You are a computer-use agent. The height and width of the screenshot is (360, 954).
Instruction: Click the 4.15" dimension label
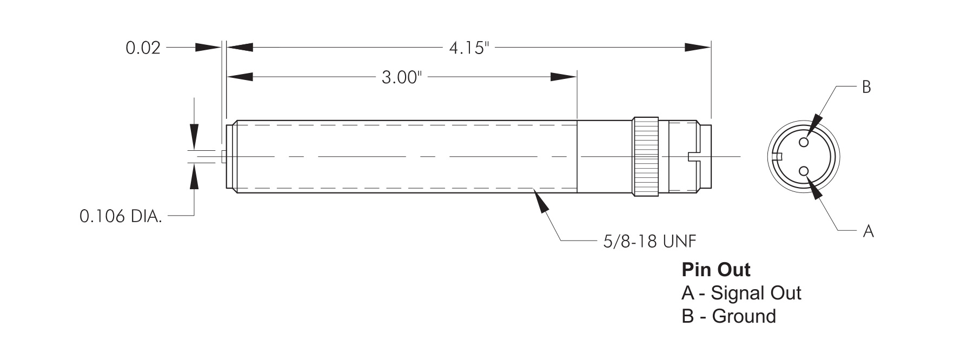(468, 48)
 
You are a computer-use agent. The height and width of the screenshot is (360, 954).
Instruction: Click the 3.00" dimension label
(401, 78)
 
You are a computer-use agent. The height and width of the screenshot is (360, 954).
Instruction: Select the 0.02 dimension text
(143, 48)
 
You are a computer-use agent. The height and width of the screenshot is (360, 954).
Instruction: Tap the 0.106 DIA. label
(120, 217)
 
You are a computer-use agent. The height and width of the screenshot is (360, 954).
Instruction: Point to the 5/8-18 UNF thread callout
(649, 241)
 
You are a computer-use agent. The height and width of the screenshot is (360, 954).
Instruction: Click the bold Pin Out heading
(716, 269)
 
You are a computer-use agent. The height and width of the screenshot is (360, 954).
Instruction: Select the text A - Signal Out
(741, 293)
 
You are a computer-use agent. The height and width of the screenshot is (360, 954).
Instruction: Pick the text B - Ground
(728, 316)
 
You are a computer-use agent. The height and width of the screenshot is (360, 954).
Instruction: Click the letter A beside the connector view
(868, 231)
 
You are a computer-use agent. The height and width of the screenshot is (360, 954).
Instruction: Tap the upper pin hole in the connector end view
(804, 142)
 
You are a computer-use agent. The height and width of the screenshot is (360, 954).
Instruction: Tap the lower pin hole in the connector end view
(804, 171)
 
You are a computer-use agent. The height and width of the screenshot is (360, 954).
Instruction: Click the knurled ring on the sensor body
(646, 156)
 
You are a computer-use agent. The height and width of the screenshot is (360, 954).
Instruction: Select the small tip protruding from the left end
(223, 156)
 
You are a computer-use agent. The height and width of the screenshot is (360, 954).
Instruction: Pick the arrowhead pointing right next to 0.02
(209, 48)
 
